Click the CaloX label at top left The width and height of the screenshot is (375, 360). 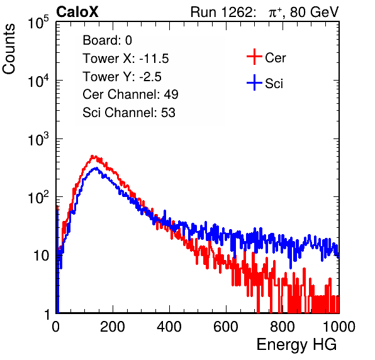click(x=77, y=12)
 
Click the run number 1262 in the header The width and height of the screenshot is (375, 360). click(x=237, y=12)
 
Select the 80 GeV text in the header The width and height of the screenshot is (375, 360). click(x=314, y=12)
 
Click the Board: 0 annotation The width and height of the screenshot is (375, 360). click(x=107, y=40)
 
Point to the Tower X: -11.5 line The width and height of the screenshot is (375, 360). click(x=126, y=59)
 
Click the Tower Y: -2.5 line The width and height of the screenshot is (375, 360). click(x=122, y=77)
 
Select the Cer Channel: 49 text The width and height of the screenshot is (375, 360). click(x=130, y=94)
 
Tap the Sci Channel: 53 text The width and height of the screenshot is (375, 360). click(x=129, y=112)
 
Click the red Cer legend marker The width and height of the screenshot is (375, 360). click(x=254, y=57)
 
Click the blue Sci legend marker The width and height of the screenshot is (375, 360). click(x=254, y=83)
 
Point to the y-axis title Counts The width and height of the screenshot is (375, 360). click(x=9, y=49)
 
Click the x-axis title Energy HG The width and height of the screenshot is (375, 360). click(x=296, y=345)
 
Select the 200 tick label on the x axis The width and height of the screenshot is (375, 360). click(x=113, y=327)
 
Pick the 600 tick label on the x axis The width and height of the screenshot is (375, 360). click(x=226, y=327)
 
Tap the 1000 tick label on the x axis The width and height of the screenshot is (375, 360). click(x=339, y=327)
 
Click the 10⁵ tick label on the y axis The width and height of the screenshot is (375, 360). click(x=38, y=23)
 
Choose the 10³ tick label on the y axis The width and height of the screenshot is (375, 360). click(x=38, y=140)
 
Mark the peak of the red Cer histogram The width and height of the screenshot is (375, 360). click(x=92, y=156)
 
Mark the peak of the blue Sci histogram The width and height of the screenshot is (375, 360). click(x=96, y=168)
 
